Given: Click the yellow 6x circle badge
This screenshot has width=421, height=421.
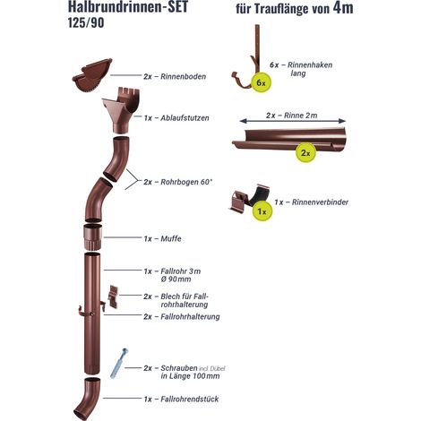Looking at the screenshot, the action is pos(262,82).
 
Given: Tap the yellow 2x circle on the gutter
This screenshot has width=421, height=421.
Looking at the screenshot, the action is pos(305,152).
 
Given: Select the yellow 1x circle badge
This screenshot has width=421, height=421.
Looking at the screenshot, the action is pos(262,211).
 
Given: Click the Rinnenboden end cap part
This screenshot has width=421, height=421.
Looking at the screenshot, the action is pos(92,75).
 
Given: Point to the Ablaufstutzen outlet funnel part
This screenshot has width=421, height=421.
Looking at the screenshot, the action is pos(120,110).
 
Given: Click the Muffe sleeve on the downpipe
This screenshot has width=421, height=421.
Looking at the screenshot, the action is pos(93,237).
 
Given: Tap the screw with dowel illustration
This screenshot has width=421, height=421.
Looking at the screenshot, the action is pos(118,363).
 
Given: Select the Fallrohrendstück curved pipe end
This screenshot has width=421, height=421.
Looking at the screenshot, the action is pos(87,399).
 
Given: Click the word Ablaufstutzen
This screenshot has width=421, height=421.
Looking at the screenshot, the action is pos(185,118).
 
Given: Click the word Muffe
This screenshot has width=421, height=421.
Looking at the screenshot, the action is pos(171,239).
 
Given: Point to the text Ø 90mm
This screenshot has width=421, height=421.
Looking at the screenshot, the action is pos(176,279).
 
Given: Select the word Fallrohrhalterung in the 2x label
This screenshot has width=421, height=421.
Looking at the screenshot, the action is pos(190,316).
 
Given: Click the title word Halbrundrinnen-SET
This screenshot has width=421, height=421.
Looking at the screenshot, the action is pos(128,6).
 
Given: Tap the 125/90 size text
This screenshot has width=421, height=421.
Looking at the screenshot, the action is pos(86,23).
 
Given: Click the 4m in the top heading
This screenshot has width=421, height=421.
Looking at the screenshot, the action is pos(343,7).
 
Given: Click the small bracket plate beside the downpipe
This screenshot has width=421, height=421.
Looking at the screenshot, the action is pos(113,296).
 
